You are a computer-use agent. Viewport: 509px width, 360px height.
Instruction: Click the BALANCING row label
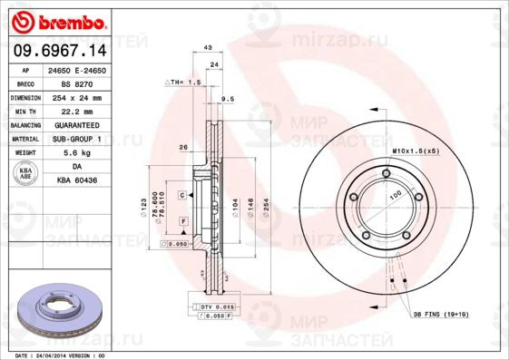click(x=26, y=124)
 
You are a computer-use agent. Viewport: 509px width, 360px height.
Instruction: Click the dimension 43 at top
click(x=208, y=47)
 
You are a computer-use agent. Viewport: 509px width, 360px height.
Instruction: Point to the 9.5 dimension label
click(x=228, y=98)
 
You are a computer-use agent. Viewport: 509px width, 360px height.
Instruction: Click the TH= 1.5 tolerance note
click(x=182, y=82)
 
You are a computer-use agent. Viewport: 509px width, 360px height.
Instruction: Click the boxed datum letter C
click(x=181, y=195)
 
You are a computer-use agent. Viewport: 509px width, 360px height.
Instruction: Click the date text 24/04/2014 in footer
click(x=58, y=355)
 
